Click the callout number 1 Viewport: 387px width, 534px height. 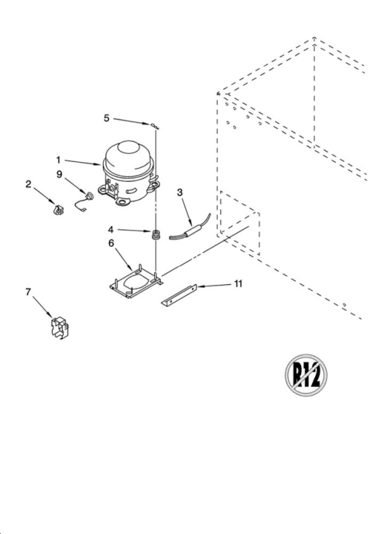click(x=58, y=159)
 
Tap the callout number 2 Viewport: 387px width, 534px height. click(x=28, y=184)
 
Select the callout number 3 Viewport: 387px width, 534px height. click(x=180, y=192)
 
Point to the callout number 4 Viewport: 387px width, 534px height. click(x=111, y=230)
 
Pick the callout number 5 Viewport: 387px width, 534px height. click(x=106, y=118)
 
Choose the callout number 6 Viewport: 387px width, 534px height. click(x=112, y=243)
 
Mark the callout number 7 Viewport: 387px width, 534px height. click(x=28, y=292)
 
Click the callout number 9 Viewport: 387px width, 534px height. click(x=60, y=174)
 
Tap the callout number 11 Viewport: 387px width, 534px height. click(x=238, y=283)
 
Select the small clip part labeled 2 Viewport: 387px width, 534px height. click(x=58, y=209)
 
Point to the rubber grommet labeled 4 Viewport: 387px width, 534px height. click(x=156, y=235)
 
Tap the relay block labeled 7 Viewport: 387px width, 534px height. click(x=60, y=328)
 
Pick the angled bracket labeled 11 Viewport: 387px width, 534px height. click(x=179, y=296)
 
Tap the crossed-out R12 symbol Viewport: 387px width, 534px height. click(x=306, y=375)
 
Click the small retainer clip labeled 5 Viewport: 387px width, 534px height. click(x=155, y=126)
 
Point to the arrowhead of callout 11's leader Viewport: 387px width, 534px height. click(x=197, y=287)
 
